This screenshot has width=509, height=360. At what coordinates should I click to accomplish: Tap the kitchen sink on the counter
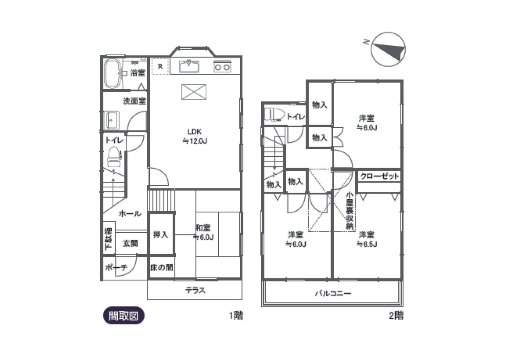pos(189,66)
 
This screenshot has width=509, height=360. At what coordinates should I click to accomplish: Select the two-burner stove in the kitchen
pos(222,66)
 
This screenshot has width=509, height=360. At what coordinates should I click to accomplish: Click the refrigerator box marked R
pos(160,66)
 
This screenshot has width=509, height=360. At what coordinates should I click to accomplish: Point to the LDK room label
pos(195,136)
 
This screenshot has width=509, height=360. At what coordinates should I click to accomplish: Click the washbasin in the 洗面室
pos(112,120)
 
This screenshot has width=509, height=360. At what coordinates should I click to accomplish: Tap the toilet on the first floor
pos(114,157)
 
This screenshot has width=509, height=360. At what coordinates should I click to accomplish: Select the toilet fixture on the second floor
pos(274,114)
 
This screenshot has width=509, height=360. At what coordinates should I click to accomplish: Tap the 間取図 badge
pos(124,315)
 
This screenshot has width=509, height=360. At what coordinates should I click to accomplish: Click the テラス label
pos(195,290)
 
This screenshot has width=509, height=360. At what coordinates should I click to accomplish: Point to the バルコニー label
pos(333,294)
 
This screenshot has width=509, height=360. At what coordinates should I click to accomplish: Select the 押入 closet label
pos(161,235)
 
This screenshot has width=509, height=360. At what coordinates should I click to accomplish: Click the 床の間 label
pos(161,267)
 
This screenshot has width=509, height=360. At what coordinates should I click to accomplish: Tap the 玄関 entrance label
pos(130,243)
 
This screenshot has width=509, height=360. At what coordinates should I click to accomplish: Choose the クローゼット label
pos(379,176)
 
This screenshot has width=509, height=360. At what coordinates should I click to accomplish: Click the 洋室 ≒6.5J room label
pos(367,239)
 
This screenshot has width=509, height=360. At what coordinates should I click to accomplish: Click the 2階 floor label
pos(396,315)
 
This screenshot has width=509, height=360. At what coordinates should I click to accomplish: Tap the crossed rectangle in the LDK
pos(194,92)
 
